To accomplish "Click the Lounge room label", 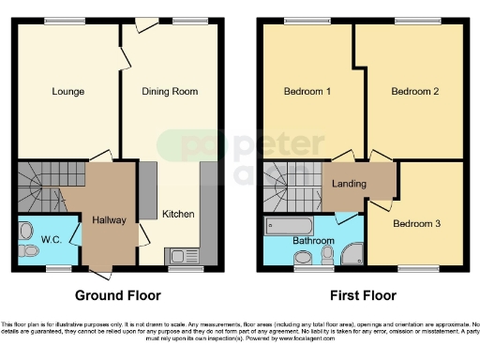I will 67,92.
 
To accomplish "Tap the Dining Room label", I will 170,92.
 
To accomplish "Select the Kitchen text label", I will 178,214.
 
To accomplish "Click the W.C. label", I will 51,240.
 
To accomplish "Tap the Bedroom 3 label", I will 416,224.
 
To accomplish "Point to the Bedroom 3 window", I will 410,270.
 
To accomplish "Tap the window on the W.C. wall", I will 59,269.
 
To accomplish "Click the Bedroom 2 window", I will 410,21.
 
